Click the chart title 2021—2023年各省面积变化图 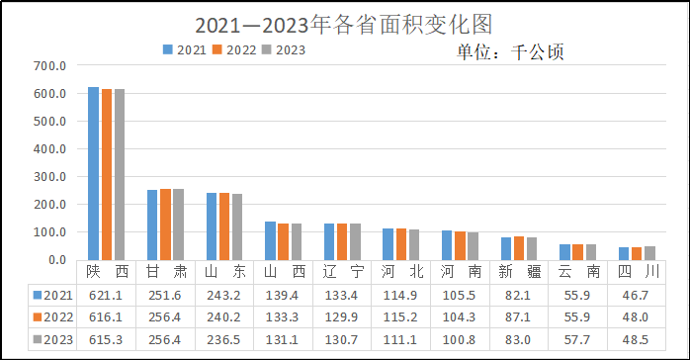(343, 23)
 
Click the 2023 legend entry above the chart (285, 49)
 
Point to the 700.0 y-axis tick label (49, 66)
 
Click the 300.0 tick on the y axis (49, 177)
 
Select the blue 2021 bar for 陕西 (93, 174)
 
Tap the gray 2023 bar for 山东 (236, 227)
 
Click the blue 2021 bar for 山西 (270, 240)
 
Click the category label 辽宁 (343, 272)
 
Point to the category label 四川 (637, 272)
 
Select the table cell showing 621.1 (107, 295)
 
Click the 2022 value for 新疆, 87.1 (519, 316)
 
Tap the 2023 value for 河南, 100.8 (461, 339)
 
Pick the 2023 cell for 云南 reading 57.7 (578, 339)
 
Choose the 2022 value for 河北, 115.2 (401, 316)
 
